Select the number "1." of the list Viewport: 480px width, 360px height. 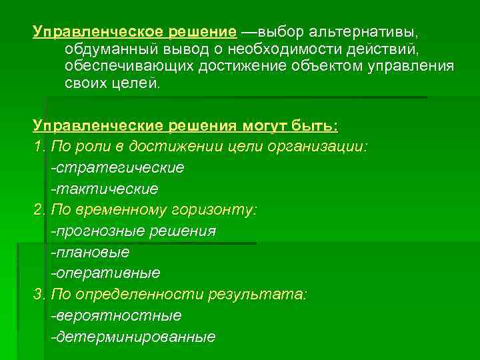click(x=39, y=146)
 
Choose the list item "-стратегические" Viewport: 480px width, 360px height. click(x=117, y=167)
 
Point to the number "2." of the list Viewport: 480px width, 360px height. click(x=39, y=209)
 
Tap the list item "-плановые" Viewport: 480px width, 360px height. click(x=91, y=252)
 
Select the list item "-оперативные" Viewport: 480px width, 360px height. click(x=105, y=273)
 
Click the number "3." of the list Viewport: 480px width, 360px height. click(x=39, y=294)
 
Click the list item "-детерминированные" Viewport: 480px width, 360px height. click(x=133, y=337)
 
